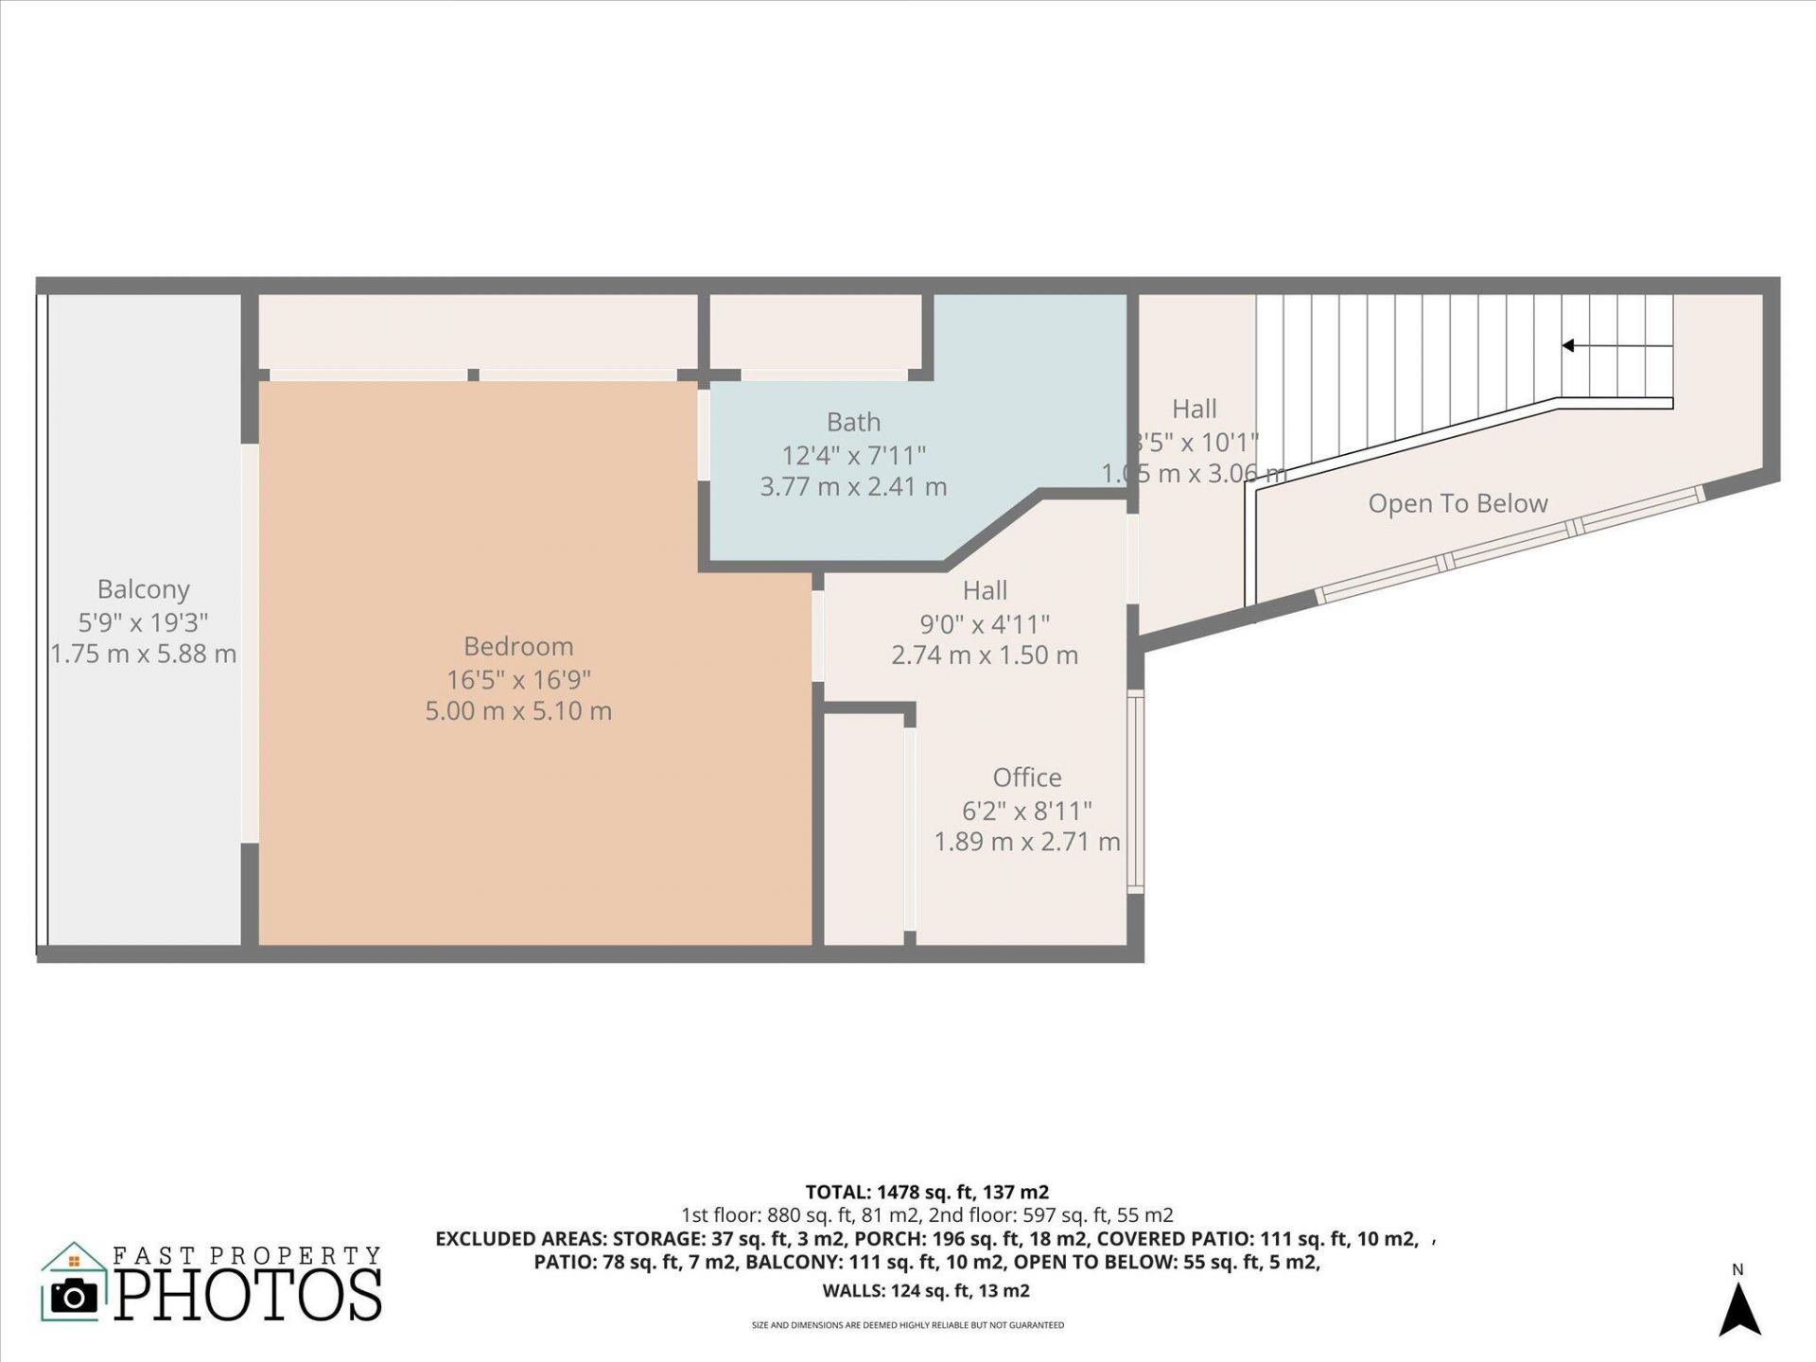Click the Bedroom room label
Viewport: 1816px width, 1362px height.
tap(518, 647)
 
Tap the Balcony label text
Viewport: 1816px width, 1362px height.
tap(144, 589)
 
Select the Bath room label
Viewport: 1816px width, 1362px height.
tap(853, 422)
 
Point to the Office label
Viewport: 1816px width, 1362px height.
tap(1027, 777)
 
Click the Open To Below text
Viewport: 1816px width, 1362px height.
tap(1458, 504)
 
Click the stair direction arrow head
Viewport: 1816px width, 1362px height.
tap(1567, 346)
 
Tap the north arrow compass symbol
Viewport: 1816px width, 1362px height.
tap(1738, 1309)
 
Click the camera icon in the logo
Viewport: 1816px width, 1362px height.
tap(74, 1295)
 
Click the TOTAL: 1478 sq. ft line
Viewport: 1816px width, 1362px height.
tap(927, 1192)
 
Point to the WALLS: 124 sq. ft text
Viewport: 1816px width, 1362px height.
tap(926, 1291)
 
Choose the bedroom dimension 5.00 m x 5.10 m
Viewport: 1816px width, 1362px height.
tap(518, 711)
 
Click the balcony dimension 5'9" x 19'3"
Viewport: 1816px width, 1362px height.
tap(144, 622)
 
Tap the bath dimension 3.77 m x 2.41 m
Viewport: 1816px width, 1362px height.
tap(853, 487)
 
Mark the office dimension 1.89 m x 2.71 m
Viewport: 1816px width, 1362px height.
tap(1027, 842)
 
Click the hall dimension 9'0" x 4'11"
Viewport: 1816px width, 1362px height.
tap(985, 624)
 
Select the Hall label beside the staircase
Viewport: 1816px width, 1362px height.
tap(1195, 410)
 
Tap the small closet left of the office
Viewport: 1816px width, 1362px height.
tap(864, 829)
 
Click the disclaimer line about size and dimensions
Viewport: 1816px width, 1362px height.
tap(908, 1325)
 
